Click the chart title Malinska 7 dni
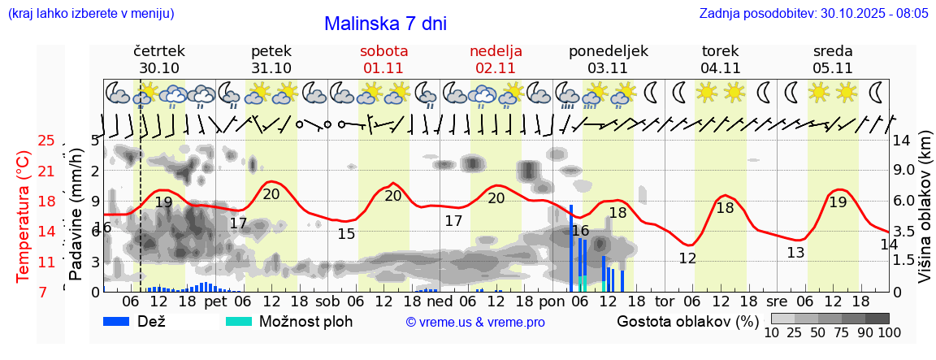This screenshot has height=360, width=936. [385, 24]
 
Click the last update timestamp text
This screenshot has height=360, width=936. [813, 14]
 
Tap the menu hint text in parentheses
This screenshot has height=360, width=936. [90, 14]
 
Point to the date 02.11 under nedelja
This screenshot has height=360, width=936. [496, 68]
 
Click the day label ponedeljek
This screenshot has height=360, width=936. [609, 51]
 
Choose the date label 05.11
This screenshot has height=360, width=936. [833, 68]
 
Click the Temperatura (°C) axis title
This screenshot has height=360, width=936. [24, 216]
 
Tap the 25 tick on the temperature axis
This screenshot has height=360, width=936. [46, 141]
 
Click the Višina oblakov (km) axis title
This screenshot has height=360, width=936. [925, 216]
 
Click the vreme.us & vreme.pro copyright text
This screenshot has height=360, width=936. [475, 322]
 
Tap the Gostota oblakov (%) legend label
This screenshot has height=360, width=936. [687, 321]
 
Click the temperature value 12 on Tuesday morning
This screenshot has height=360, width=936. [687, 258]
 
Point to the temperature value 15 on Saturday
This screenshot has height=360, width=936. [346, 234]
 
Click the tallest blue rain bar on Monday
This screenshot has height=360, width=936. [571, 248]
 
